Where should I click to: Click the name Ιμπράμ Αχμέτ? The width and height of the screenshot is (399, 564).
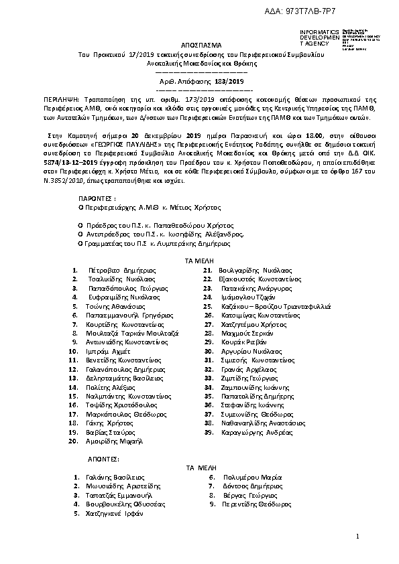point(108,351)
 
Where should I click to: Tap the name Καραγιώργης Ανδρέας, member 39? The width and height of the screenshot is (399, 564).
point(258,432)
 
